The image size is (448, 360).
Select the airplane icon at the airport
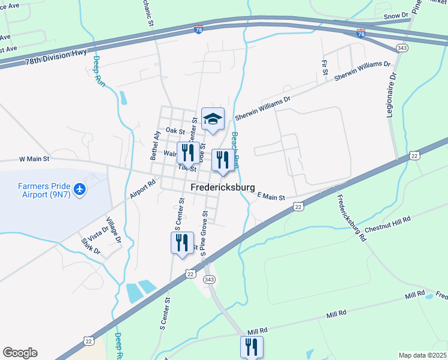pyautogui.click(x=80, y=190)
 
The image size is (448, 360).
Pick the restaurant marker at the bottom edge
pyautogui.click(x=252, y=347)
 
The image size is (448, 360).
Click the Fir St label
pyautogui.click(x=325, y=67)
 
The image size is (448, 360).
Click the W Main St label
pyautogui.click(x=34, y=159)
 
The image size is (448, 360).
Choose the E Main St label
pyautogui.click(x=271, y=196)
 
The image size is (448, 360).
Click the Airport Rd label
pyautogui.click(x=143, y=188)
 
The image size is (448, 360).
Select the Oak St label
pyautogui.click(x=175, y=130)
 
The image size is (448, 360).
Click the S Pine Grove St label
pyautogui.click(x=204, y=233)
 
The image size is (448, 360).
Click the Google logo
pyautogui.click(x=20, y=353)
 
